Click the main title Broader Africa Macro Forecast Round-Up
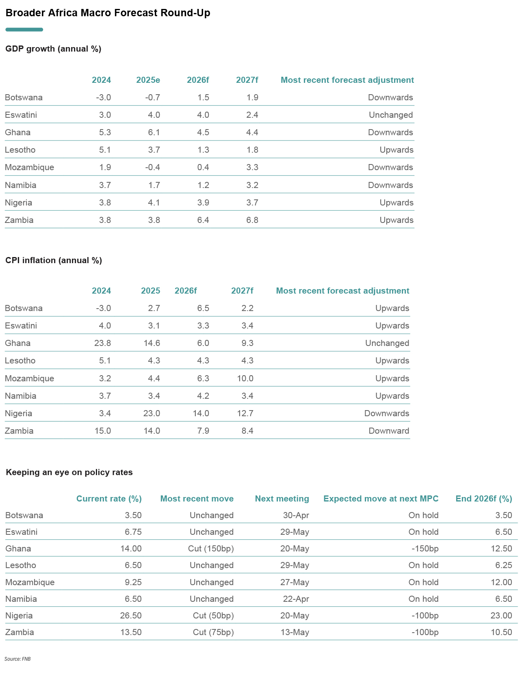tap(108, 13)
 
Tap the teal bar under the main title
tap(24, 30)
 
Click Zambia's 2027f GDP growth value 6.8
tap(252, 220)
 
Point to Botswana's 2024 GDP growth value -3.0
tap(103, 97)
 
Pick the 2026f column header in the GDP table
tap(198, 80)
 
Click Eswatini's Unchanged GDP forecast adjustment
tap(391, 115)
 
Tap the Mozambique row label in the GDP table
tap(29, 167)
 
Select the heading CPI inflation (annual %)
tap(54, 260)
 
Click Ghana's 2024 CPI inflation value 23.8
tap(102, 343)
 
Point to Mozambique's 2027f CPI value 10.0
tap(245, 378)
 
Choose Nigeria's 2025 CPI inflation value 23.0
tap(152, 413)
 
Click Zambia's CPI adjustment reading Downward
tap(389, 431)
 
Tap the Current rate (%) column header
tap(109, 499)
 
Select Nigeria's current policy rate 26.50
tap(131, 616)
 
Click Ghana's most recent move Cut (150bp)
tap(211, 549)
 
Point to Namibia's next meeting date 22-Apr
tap(296, 599)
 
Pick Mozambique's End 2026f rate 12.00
tap(501, 582)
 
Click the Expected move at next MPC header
tap(381, 499)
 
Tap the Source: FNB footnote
tap(17, 659)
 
